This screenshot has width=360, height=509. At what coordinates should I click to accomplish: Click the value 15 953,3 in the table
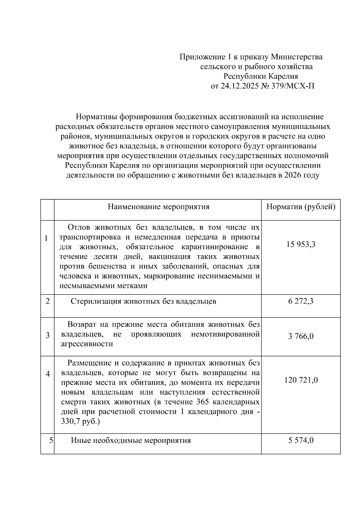point(301,244)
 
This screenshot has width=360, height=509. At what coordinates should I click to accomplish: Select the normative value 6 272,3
point(301,301)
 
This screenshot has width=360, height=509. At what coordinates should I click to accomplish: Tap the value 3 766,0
point(301,336)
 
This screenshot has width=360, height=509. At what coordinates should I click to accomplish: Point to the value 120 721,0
point(301,380)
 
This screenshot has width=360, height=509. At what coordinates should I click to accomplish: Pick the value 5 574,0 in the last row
point(301,440)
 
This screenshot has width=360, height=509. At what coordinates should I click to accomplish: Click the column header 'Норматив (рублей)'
point(301,207)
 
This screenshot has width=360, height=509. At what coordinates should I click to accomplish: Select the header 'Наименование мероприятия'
point(158,207)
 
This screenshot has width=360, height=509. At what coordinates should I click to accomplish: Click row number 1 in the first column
point(46,238)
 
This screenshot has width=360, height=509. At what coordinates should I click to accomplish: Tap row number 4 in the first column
point(47,374)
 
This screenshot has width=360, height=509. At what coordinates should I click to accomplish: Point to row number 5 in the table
point(51,440)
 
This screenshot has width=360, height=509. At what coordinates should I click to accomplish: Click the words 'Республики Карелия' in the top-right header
point(260,76)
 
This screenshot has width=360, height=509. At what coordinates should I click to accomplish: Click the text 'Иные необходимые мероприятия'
point(131,440)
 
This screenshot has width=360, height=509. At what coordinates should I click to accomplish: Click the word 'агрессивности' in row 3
point(87,344)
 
